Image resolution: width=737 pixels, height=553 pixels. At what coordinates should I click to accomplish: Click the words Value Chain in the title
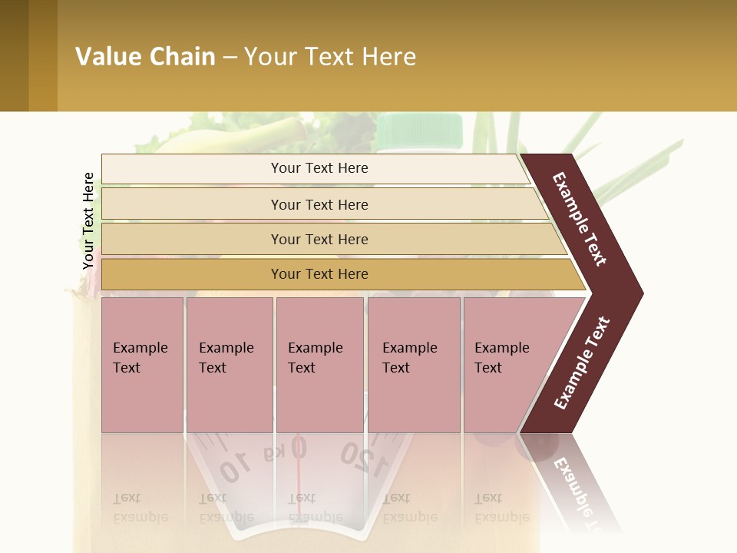[x=145, y=57]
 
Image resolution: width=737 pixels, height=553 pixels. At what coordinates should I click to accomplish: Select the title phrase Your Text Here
[x=330, y=57]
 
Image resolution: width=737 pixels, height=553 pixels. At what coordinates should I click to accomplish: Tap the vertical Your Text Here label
[x=88, y=220]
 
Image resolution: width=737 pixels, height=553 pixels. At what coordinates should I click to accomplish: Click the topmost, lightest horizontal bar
[x=315, y=168]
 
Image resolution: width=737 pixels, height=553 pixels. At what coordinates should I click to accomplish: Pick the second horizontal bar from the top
[x=322, y=204]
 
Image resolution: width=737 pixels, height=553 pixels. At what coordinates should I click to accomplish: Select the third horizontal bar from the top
[x=330, y=239]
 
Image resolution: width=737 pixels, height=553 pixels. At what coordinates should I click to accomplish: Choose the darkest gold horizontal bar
[x=338, y=274]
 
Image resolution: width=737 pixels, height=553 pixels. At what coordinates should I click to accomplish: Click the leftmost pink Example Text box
[x=142, y=364]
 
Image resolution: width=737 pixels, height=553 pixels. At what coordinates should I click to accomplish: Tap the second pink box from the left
[x=229, y=364]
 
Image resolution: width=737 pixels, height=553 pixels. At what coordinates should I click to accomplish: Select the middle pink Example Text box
[x=319, y=364]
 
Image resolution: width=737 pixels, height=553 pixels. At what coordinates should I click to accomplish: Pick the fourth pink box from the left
[x=414, y=364]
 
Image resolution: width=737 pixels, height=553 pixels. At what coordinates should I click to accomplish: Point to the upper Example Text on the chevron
[x=580, y=219]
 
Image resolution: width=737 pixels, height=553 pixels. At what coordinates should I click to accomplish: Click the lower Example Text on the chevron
[x=581, y=363]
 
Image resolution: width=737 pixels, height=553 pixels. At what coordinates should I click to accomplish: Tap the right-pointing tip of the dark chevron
[x=639, y=293]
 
